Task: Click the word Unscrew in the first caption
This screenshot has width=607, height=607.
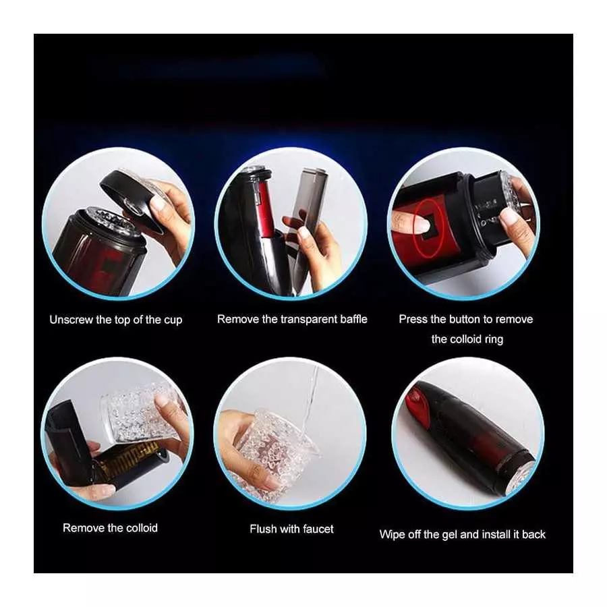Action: pyautogui.click(x=71, y=319)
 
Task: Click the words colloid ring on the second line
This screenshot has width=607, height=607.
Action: pyautogui.click(x=467, y=339)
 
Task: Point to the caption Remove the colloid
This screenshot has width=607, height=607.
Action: pyautogui.click(x=110, y=527)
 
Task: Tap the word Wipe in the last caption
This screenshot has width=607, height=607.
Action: pyautogui.click(x=392, y=534)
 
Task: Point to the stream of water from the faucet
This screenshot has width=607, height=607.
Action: pyautogui.click(x=311, y=398)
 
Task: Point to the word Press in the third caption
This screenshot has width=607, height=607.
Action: pyautogui.click(x=413, y=319)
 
